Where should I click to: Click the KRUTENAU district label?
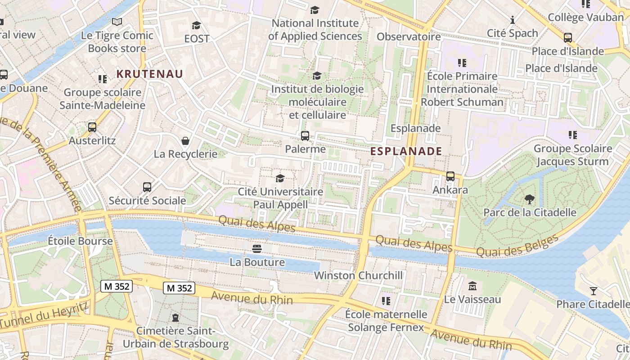(x=150, y=74)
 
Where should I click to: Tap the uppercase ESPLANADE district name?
(x=406, y=151)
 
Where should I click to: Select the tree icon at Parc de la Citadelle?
(x=530, y=198)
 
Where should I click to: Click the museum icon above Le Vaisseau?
(x=472, y=286)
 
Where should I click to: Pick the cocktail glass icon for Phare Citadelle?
(x=594, y=291)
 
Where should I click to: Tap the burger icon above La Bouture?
(x=257, y=248)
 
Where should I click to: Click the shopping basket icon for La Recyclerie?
(x=185, y=141)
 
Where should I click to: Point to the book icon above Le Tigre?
(x=117, y=22)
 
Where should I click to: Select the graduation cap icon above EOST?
(x=196, y=25)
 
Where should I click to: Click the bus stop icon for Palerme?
(x=305, y=135)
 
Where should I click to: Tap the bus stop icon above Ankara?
(x=450, y=176)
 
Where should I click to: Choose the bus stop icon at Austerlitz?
(x=92, y=127)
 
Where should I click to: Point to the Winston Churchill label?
(x=358, y=275)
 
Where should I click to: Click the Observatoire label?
(x=409, y=36)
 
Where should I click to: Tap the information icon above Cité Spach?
(x=512, y=20)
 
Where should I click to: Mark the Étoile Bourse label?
(x=80, y=241)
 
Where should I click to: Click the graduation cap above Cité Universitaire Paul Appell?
(x=280, y=178)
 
